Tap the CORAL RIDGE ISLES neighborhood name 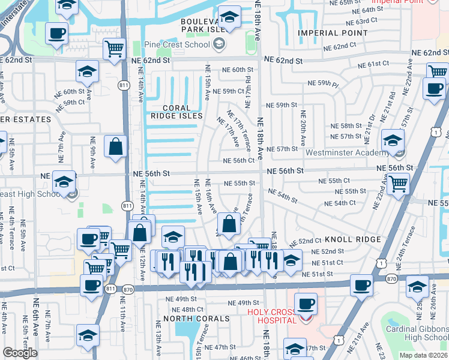[176, 111]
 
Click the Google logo [20, 353]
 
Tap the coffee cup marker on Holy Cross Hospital [306, 303]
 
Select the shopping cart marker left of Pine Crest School [114, 49]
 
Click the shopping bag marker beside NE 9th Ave [115, 146]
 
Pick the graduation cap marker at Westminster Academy [393, 141]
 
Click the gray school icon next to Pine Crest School [220, 44]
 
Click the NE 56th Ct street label [239, 161]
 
